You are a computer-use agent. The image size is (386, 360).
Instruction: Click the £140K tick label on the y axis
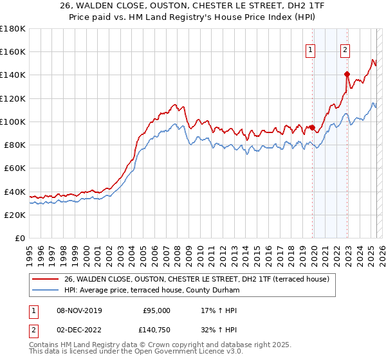coord(13,75)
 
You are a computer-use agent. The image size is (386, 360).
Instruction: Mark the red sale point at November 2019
coord(313,127)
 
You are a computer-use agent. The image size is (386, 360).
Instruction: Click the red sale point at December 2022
coord(347,74)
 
